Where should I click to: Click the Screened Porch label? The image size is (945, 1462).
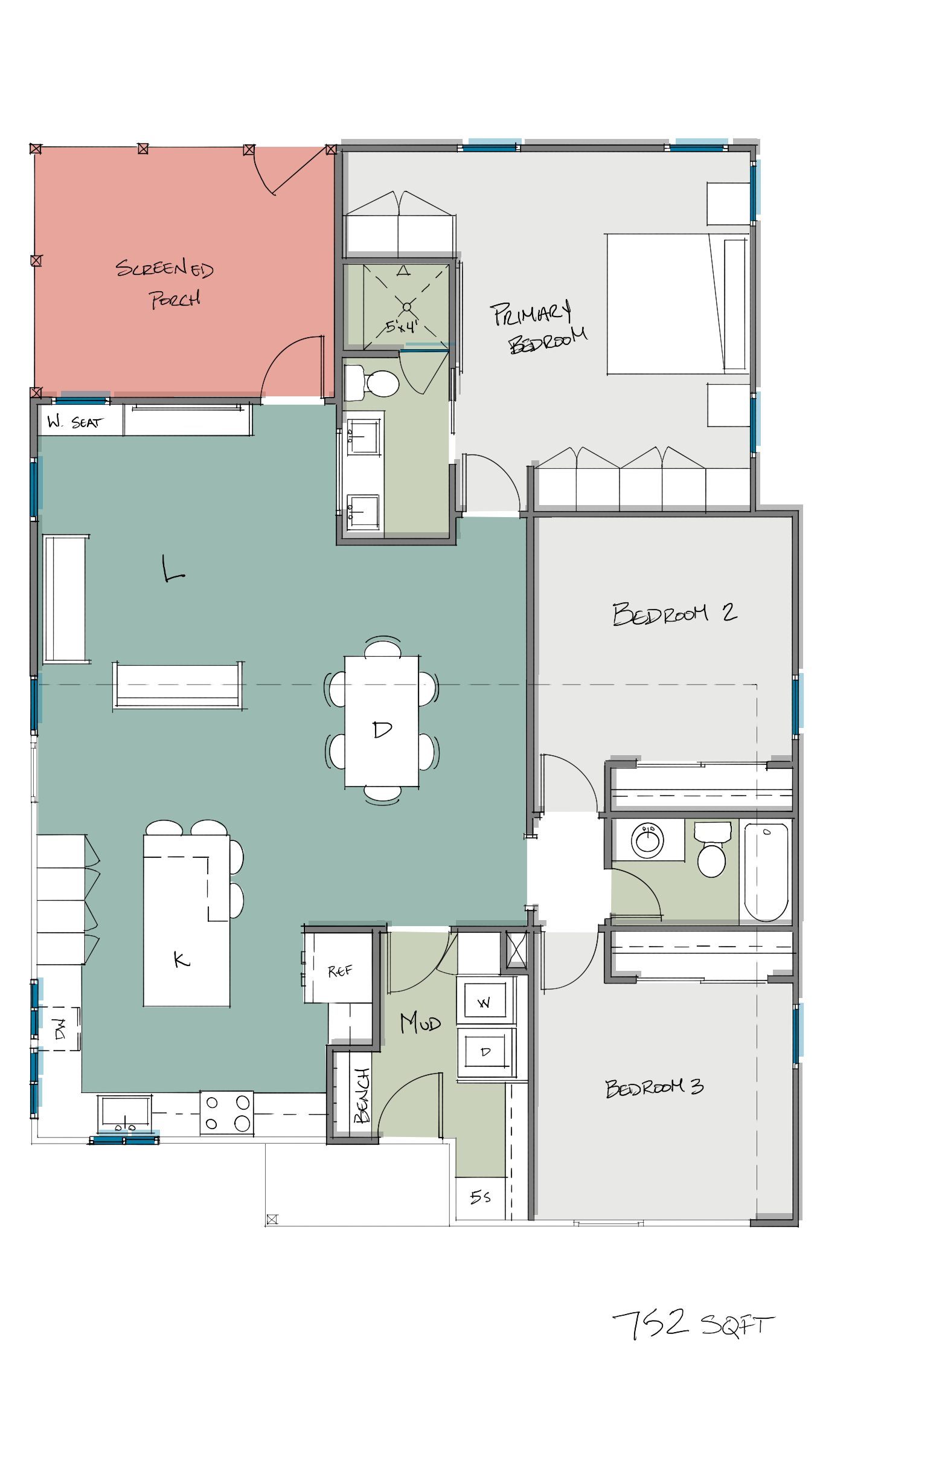(164, 283)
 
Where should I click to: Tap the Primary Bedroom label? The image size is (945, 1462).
(539, 328)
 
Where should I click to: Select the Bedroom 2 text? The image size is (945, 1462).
(673, 613)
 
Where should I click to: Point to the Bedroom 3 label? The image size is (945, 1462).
(653, 1087)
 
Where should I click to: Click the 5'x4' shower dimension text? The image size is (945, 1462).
(402, 325)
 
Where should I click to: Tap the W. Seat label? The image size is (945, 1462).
(75, 422)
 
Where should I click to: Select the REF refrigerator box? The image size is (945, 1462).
(339, 970)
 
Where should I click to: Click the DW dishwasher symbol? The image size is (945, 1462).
(60, 1029)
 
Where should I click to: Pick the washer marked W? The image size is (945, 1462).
(485, 1002)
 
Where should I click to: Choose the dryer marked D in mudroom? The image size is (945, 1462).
(485, 1052)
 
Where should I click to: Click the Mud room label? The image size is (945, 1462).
(420, 1023)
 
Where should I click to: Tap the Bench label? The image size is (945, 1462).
(362, 1095)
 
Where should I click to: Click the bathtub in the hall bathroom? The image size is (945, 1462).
(766, 872)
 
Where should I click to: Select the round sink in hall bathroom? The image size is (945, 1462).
(647, 840)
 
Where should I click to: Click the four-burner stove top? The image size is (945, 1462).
(226, 1112)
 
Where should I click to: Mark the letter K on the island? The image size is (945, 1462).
(181, 959)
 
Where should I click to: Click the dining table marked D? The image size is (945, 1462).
(382, 721)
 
